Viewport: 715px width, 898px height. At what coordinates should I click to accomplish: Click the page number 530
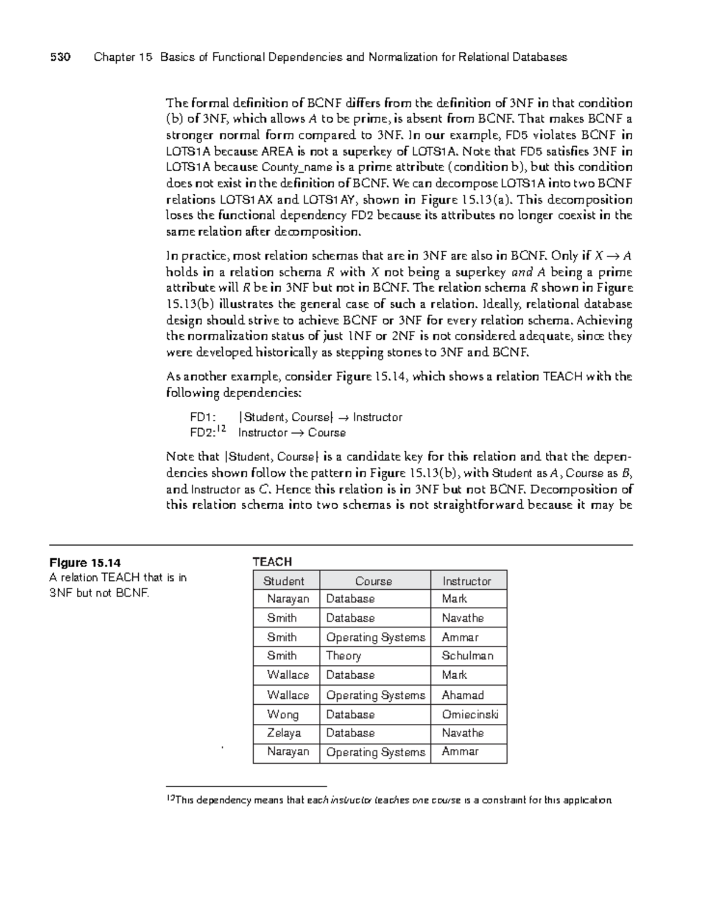click(60, 57)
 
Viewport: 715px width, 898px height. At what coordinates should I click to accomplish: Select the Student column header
click(284, 581)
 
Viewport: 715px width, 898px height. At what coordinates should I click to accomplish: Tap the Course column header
click(374, 581)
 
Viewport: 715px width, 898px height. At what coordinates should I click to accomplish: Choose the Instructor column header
click(467, 581)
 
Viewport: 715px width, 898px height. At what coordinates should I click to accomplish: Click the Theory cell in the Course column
click(344, 656)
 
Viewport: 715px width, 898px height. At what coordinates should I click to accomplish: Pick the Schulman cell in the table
click(467, 656)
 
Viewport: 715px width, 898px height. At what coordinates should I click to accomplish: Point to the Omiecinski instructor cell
click(470, 714)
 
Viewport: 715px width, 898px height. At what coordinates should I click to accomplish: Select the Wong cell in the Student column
click(282, 714)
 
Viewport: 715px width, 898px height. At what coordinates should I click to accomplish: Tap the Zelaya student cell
click(284, 733)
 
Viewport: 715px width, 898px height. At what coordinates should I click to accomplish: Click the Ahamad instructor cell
click(462, 695)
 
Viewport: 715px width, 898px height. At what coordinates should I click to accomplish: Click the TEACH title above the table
click(272, 562)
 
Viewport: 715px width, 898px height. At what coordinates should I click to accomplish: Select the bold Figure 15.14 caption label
click(85, 562)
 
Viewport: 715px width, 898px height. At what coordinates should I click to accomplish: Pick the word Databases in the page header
click(542, 57)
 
